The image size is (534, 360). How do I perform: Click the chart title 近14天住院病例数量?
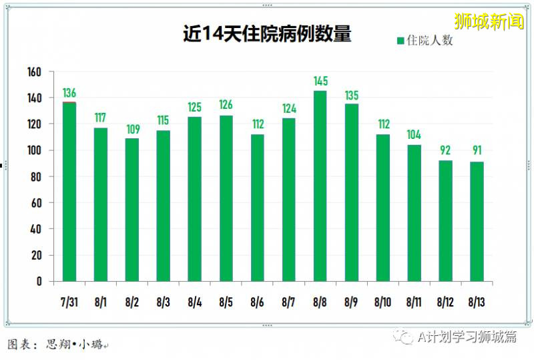pyautogui.click(x=267, y=34)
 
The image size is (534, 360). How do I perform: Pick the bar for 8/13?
pyautogui.click(x=477, y=221)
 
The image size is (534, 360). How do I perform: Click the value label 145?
pyautogui.click(x=320, y=81)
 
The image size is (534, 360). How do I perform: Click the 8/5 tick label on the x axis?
pyautogui.click(x=226, y=303)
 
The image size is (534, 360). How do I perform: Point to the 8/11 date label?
pyautogui.click(x=414, y=303)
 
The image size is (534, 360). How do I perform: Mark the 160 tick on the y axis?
pyautogui.click(x=34, y=71)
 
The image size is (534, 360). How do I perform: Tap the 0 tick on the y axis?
pyautogui.click(x=39, y=281)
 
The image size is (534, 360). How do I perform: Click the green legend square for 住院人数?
pyautogui.click(x=400, y=41)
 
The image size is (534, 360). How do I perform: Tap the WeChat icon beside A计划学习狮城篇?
pyautogui.click(x=403, y=337)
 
